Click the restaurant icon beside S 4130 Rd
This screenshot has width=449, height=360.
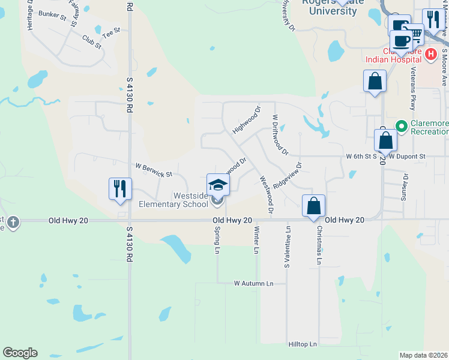[x=119, y=188]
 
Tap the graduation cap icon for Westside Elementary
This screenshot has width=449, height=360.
[x=218, y=184]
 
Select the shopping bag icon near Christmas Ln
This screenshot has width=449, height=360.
[x=313, y=206]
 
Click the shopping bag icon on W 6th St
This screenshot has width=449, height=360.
[x=385, y=141]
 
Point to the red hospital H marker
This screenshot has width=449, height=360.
[x=430, y=54]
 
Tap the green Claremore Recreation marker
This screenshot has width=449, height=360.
[x=401, y=126]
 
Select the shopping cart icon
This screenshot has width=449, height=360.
[x=415, y=36]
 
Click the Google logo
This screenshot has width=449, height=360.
[x=20, y=353]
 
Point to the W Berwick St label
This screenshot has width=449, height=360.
[x=154, y=170]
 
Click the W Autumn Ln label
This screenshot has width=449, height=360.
[x=253, y=283]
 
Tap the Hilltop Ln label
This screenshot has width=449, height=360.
[x=303, y=344]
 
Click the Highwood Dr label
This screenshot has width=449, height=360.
[x=247, y=119]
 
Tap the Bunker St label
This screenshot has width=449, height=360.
[x=52, y=14]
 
